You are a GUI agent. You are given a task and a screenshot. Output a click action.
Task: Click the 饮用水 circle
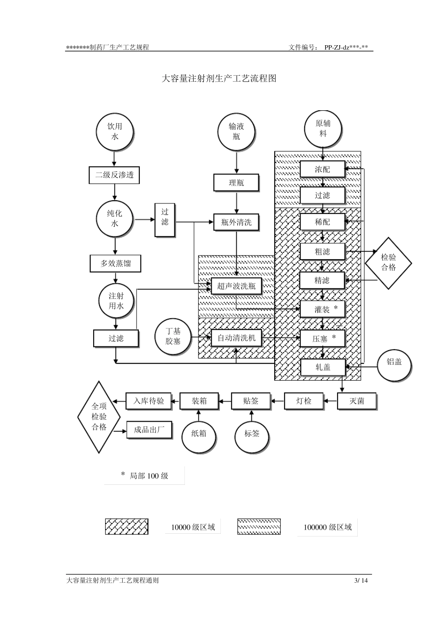coord(115,131)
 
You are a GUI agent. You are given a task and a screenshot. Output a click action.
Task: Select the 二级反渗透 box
coord(114,175)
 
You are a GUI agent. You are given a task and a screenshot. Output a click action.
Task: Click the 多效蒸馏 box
coord(115,264)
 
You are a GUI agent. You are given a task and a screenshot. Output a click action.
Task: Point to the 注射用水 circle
coord(116,301)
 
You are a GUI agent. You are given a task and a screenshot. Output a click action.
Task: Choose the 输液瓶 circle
coord(237,131)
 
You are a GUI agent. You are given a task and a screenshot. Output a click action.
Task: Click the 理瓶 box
coord(236,183)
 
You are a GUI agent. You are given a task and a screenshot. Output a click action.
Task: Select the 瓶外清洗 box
coord(236,222)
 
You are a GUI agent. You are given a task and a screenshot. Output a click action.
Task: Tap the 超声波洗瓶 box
coord(236,286)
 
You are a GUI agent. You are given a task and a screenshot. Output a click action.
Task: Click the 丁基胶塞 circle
coord(173,336)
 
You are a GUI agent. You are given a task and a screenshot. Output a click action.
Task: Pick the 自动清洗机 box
coord(236,338)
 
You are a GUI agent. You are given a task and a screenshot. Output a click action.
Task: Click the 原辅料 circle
coord(323,129)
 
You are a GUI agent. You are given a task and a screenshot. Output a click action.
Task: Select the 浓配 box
coord(322,169)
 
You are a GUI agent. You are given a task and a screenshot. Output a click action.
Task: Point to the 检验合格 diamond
coord(388,263)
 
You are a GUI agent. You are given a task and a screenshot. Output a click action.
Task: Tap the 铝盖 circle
coord(394,363)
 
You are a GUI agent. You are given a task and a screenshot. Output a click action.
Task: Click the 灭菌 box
coord(357,401)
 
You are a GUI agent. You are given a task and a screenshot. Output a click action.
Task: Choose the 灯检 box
coord(304,401)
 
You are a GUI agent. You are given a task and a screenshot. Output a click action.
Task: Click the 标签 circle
coord(252,434)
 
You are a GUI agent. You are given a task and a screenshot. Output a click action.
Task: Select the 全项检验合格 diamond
coord(99,417)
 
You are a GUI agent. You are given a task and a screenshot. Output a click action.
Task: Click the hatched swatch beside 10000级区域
coord(127,527)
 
